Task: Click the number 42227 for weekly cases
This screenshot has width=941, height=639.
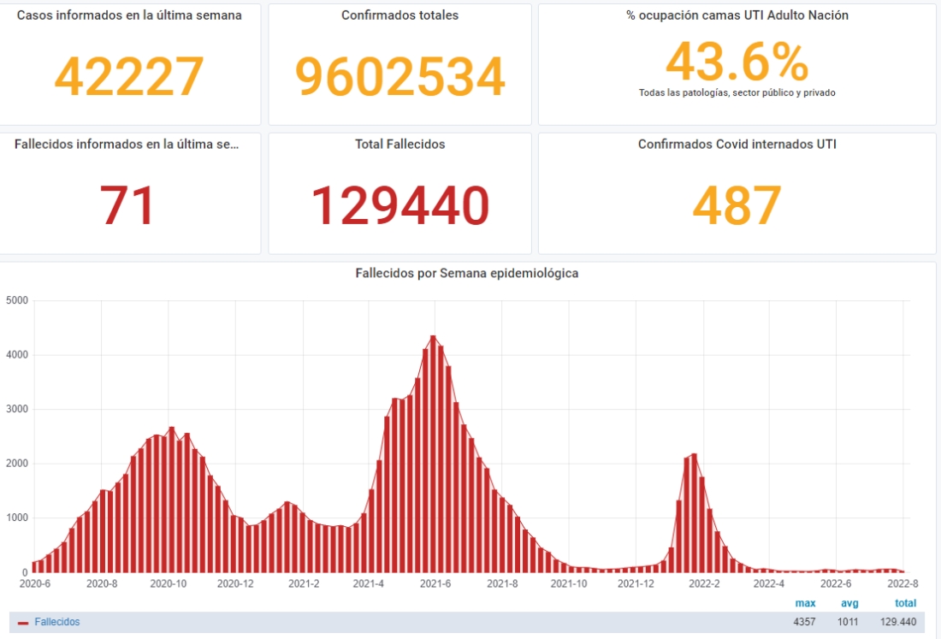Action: [x=129, y=76]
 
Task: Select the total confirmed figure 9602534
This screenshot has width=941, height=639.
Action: [x=399, y=76]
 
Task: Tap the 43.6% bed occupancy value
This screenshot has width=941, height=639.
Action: [x=737, y=62]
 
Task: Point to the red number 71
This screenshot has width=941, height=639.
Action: [x=127, y=206]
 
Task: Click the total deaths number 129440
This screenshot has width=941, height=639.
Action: [x=399, y=206]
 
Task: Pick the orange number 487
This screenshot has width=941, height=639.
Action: [x=737, y=206]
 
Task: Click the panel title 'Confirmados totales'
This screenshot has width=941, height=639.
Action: [x=399, y=15]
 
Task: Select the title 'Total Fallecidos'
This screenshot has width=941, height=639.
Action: [x=399, y=145]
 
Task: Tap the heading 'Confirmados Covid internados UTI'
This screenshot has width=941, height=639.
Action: [x=737, y=145]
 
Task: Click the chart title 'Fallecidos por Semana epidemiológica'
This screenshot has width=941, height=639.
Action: [x=466, y=274]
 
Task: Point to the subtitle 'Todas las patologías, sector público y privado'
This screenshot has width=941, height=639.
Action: [x=737, y=92]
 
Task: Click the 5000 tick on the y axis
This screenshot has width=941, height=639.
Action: [x=17, y=300]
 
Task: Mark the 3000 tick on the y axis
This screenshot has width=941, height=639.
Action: [x=17, y=409]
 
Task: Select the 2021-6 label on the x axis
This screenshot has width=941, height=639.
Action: [x=435, y=584]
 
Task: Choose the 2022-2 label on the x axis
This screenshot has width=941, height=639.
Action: [x=704, y=584]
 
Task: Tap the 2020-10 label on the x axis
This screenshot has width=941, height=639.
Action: [x=169, y=584]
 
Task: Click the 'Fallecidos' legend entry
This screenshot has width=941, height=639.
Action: [x=56, y=622]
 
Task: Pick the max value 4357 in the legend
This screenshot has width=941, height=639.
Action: [x=804, y=622]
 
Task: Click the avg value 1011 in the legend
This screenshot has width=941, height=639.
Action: [x=848, y=622]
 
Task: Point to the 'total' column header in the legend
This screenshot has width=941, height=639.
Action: [x=905, y=603]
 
